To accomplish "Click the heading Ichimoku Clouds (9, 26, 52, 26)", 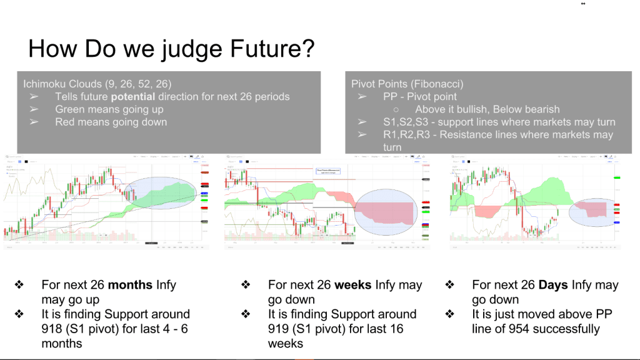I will tap(97, 83).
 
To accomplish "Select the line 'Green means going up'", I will tap(109, 109).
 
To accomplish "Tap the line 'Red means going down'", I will tap(111, 122).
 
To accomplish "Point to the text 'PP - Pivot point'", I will tap(420, 96).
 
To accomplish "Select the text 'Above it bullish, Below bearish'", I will tap(487, 109).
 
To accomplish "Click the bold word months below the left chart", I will tap(130, 285).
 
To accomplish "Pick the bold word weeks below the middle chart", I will tap(353, 285).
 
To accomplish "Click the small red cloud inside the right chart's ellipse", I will tap(591, 208).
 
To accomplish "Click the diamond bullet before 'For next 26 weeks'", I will tap(245, 285).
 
